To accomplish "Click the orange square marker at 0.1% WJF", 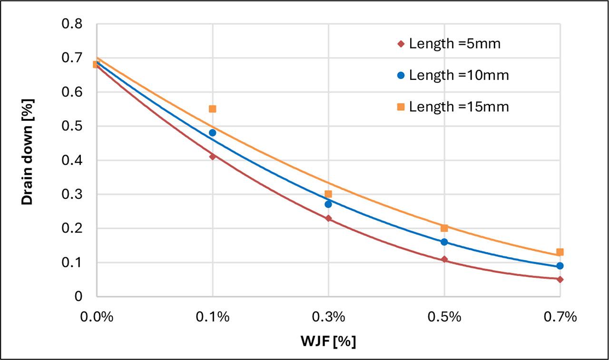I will pyautogui.click(x=212, y=109).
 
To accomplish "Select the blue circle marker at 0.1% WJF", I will pyautogui.click(x=212, y=133).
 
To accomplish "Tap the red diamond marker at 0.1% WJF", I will pyautogui.click(x=212, y=156).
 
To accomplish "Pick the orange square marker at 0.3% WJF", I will pyautogui.click(x=328, y=194).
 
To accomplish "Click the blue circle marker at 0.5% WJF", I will pyautogui.click(x=444, y=242).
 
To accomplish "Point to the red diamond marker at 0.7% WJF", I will pyautogui.click(x=560, y=279).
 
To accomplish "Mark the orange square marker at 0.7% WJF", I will pyautogui.click(x=560, y=252).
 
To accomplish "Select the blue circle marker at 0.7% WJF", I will pyautogui.click(x=560, y=266).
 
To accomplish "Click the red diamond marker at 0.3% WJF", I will pyautogui.click(x=328, y=218).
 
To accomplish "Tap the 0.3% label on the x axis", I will pyautogui.click(x=328, y=317).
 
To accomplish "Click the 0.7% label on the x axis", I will pyautogui.click(x=560, y=317).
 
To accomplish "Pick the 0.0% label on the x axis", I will pyautogui.click(x=97, y=317).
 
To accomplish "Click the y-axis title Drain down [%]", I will pyautogui.click(x=28, y=160).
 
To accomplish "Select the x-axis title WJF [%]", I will pyautogui.click(x=328, y=341).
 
